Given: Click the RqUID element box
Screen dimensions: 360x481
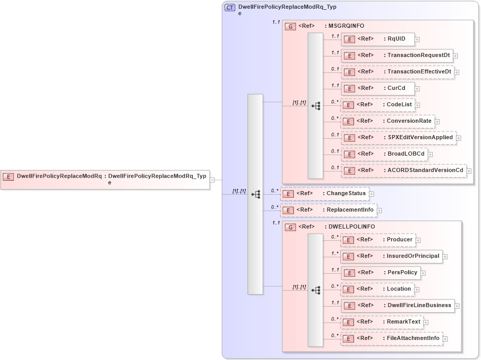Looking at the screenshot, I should pyautogui.click(x=378, y=39).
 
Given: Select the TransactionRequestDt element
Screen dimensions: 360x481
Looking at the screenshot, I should pyautogui.click(x=397, y=55).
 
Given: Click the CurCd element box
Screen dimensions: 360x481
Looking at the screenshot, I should pyautogui.click(x=378, y=88).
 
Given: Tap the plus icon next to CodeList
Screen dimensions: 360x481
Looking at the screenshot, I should pyautogui.click(x=418, y=105).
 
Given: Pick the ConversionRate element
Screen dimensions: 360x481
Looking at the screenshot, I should pyautogui.click(x=387, y=121).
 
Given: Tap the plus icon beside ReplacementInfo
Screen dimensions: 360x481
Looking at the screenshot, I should pyautogui.click(x=379, y=210).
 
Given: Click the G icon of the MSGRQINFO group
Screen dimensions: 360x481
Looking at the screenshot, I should pyautogui.click(x=290, y=26).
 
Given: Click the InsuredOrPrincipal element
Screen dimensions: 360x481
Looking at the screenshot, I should pyautogui.click(x=391, y=256).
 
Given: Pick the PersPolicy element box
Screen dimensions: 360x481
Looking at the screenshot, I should pyautogui.click(x=380, y=273).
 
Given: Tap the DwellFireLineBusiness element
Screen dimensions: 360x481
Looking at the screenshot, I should pyautogui.click(x=397, y=306).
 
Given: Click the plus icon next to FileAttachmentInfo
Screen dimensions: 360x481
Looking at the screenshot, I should pyautogui.click(x=446, y=338).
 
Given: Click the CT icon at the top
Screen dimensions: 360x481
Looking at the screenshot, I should pyautogui.click(x=230, y=8).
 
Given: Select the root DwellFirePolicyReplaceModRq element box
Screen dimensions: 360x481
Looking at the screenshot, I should pyautogui.click(x=105, y=179).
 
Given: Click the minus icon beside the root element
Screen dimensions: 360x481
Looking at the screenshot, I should pyautogui.click(x=212, y=180).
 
